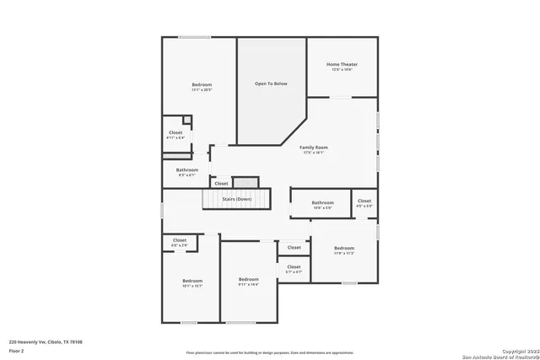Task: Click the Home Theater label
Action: [342, 64]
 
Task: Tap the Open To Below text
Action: [271, 83]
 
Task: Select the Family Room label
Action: [314, 148]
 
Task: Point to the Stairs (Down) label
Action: [236, 199]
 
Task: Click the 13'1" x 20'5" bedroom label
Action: [202, 84]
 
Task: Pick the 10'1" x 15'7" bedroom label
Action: [192, 281]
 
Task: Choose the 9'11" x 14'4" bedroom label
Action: [248, 279]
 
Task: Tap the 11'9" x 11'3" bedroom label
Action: [344, 248]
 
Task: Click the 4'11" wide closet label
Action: [175, 132]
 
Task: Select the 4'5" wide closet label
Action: [364, 201]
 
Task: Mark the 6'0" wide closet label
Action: [180, 240]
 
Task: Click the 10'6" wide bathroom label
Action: [323, 202]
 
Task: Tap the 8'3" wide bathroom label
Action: [186, 170]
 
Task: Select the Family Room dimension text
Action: [314, 153]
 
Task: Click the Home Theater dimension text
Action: [342, 69]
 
